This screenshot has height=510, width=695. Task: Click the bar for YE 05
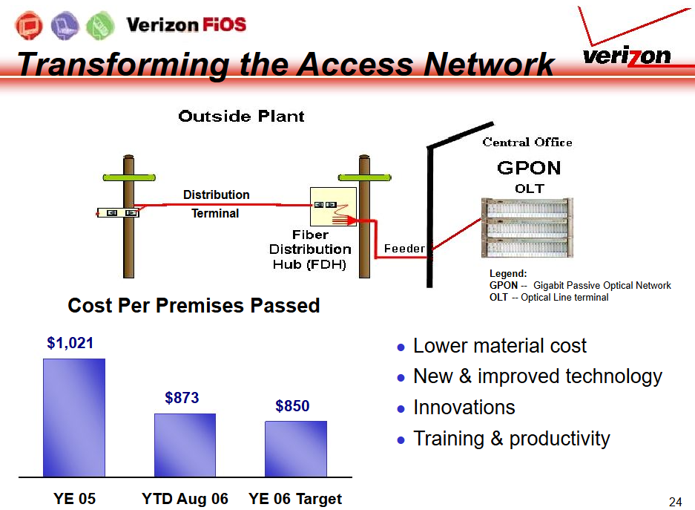tap(74, 418)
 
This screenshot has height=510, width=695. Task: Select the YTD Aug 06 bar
tap(185, 445)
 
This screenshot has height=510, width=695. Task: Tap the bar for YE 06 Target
tap(296, 449)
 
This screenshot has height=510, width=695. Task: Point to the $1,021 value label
tap(70, 343)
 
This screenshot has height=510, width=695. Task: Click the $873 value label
tap(182, 397)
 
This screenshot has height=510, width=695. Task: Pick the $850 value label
tap(292, 405)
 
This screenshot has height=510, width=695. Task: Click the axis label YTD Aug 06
tap(185, 498)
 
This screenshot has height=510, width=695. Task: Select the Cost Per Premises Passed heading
tap(194, 305)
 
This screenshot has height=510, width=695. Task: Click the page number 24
tap(675, 502)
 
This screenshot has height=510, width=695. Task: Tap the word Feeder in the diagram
tap(404, 249)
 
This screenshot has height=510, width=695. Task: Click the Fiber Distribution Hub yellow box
tap(333, 206)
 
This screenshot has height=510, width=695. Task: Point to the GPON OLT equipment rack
tap(527, 228)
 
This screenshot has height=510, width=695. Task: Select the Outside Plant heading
tap(241, 117)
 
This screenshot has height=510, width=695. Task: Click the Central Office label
tap(527, 142)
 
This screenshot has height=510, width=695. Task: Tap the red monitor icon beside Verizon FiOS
tap(29, 25)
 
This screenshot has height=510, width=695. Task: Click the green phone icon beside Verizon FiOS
tap(100, 25)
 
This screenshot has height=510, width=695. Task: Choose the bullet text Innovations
tap(464, 407)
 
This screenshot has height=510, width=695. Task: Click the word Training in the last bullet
tap(449, 439)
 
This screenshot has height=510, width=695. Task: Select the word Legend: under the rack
tap(508, 273)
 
